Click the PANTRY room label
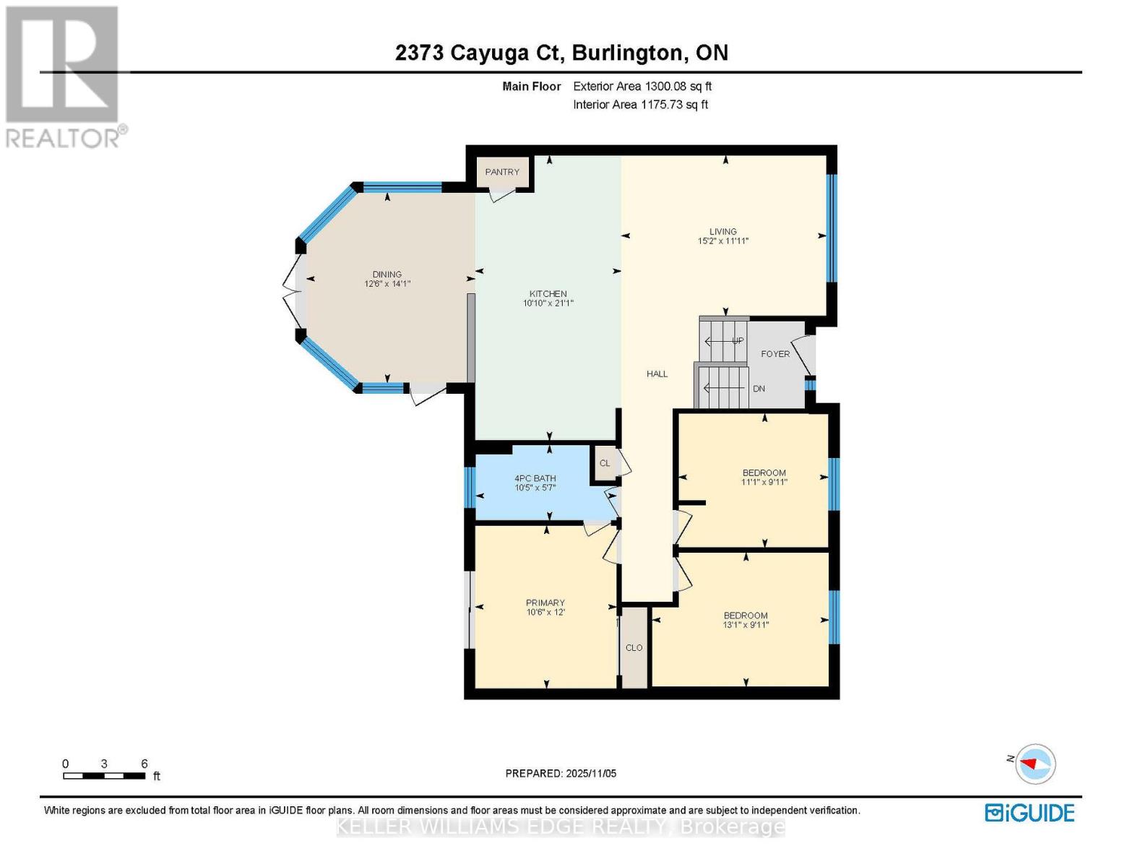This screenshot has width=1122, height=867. (x=502, y=172)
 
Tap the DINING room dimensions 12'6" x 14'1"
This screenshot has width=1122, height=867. (x=387, y=284)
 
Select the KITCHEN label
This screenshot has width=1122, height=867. (x=548, y=293)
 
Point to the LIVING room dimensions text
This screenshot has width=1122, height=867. (x=722, y=241)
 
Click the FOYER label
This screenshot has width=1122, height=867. (x=775, y=354)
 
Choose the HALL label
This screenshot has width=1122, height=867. (x=657, y=374)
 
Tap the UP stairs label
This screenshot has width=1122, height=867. (x=738, y=340)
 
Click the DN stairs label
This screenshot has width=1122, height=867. (x=759, y=389)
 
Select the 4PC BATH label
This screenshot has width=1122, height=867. (x=535, y=478)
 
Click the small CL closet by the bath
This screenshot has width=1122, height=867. (x=605, y=463)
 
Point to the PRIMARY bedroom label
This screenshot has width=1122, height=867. (x=545, y=603)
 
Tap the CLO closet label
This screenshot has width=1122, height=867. (x=634, y=647)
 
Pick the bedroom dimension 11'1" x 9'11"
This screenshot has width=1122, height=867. (x=764, y=482)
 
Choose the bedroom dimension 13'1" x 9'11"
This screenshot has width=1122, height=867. (x=746, y=625)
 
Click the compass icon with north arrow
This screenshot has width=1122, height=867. (x=1035, y=764)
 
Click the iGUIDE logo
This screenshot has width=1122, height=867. (x=1030, y=813)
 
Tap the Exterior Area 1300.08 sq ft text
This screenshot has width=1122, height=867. (x=642, y=86)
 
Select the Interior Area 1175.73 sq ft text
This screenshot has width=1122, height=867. (x=640, y=105)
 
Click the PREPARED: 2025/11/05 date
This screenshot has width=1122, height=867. (x=561, y=773)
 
